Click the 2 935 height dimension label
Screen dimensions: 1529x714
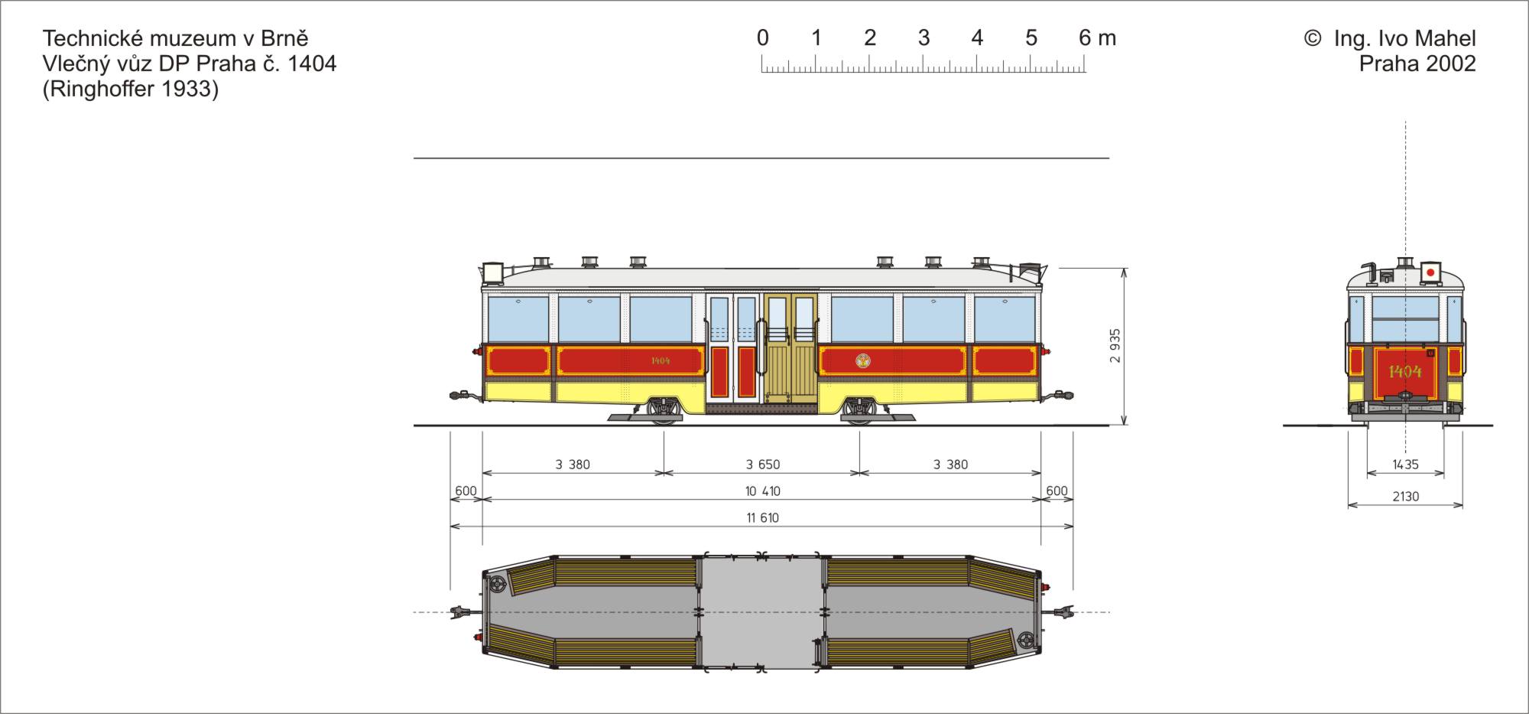[1115, 346]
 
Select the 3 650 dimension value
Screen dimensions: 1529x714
[763, 465]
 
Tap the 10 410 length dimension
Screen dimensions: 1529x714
[763, 491]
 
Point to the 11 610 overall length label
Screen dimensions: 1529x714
[763, 518]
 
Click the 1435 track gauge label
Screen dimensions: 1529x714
[1405, 465]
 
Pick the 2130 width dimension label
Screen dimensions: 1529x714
[1405, 497]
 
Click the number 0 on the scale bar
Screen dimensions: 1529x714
[762, 37]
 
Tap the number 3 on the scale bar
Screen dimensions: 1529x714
[924, 37]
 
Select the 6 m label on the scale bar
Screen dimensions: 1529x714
[1097, 37]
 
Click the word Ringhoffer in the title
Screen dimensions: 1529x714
[106, 90]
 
